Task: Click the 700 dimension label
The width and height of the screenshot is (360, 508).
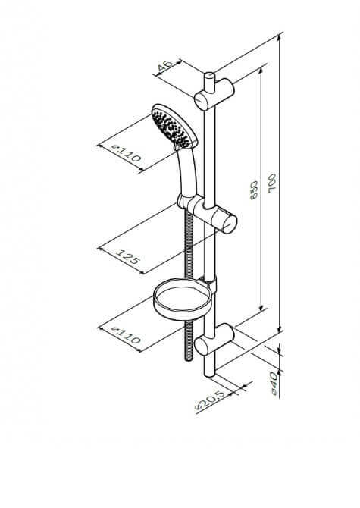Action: pos(273,183)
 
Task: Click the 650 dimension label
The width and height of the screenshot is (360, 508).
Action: pos(254,190)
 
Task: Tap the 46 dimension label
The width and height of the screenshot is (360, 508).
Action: pos(165,66)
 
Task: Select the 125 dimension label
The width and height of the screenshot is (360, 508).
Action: pos(128,256)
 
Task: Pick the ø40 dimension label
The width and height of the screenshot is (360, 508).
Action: pos(274,384)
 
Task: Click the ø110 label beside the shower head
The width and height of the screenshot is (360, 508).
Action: pos(127,153)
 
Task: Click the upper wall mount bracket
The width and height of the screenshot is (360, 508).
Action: pos(214,94)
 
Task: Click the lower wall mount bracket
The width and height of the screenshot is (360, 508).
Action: pos(214,339)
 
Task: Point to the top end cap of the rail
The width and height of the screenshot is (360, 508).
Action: pos(209,75)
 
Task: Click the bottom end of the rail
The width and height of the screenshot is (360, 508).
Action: pos(209,375)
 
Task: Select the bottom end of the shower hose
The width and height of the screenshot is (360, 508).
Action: pos(189,358)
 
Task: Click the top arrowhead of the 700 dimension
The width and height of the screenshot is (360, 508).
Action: pos(280,38)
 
